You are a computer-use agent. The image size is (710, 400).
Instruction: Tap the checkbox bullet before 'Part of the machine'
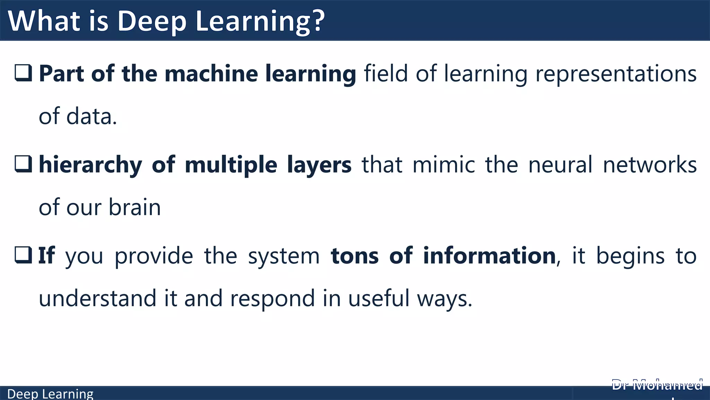point(23,73)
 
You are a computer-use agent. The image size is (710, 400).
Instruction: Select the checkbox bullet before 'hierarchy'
point(23,164)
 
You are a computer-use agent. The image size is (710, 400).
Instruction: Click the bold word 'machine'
point(211,74)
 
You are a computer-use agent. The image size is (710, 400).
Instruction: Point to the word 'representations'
point(616,74)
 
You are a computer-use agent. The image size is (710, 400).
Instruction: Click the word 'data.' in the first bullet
point(92,116)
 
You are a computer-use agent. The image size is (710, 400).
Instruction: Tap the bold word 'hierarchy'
point(90,165)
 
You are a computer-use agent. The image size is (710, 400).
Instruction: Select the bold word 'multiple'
point(231,165)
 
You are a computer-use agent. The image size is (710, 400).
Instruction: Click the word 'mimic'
point(444,165)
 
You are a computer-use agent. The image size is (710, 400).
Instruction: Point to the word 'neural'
point(560,165)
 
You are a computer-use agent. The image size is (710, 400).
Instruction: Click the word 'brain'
point(135,207)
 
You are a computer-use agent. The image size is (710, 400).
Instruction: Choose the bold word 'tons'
point(355,256)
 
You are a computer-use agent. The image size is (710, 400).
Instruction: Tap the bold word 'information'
point(489,256)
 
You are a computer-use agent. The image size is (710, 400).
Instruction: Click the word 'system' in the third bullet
point(284,257)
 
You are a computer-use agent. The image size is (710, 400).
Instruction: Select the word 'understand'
point(97,298)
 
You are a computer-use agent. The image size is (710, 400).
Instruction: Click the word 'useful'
point(379,298)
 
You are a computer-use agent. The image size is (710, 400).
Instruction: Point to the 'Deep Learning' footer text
point(50,394)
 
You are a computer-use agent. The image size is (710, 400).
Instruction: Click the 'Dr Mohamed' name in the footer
point(657,385)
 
